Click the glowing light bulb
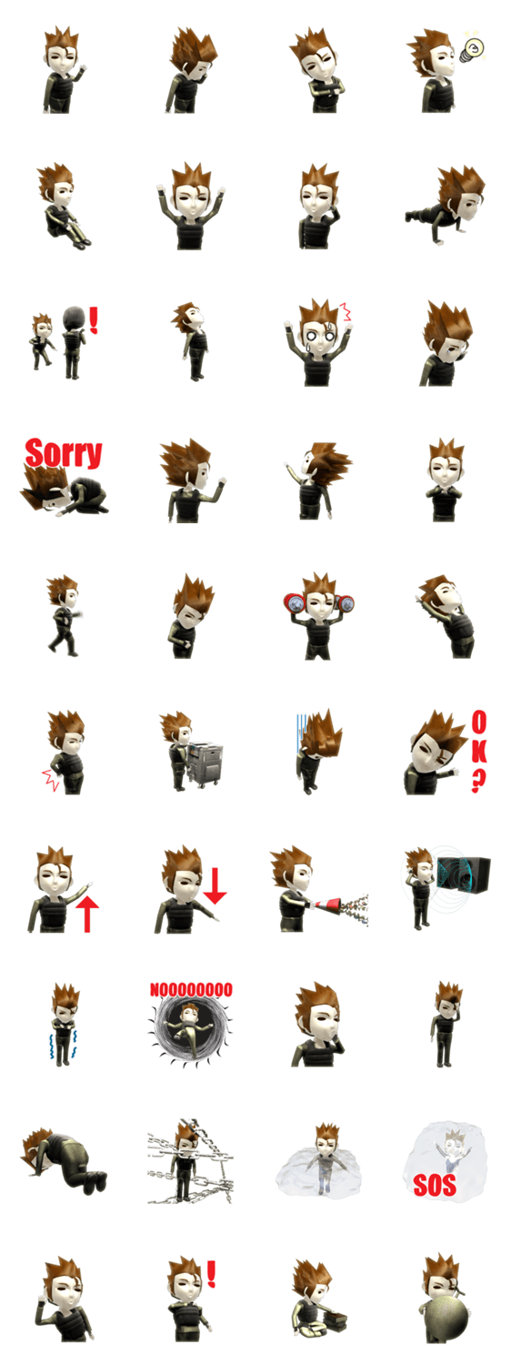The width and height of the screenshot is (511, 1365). click(473, 49)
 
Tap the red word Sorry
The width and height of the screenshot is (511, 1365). click(64, 453)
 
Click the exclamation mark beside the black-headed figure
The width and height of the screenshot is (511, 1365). click(93, 320)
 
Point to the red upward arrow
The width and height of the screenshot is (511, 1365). click(87, 914)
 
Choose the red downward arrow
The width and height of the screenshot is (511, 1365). click(215, 886)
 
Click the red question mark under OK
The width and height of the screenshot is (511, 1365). click(478, 780)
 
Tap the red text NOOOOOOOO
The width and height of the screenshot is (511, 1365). click(191, 989)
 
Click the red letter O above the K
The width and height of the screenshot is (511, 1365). click(479, 723)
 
